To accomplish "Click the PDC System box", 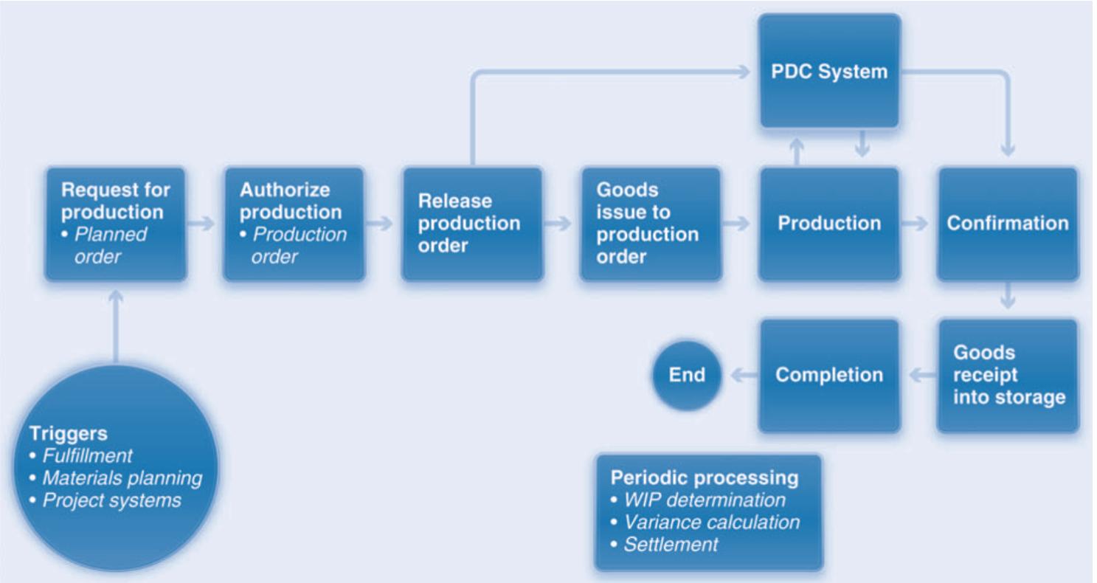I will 829,74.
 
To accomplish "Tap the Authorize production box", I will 294,224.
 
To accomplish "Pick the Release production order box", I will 471,224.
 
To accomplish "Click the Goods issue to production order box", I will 650,224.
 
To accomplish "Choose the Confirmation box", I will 1007,224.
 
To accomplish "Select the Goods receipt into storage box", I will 1007,375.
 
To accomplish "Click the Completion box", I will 829,375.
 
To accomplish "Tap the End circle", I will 686,375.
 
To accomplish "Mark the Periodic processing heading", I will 704,478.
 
